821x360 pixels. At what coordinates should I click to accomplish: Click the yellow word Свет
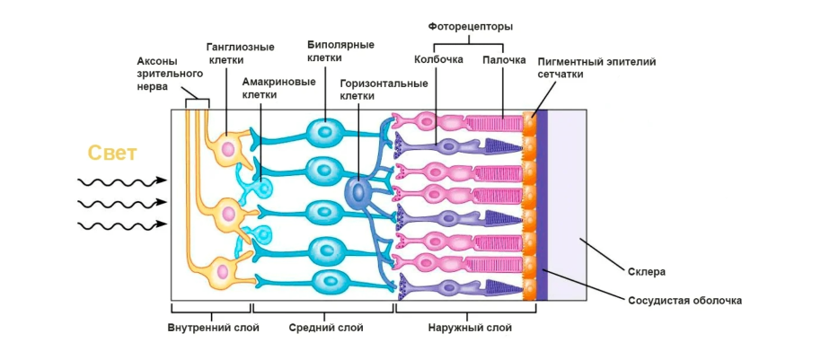click(x=112, y=154)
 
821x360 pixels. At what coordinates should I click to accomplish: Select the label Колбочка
click(x=438, y=60)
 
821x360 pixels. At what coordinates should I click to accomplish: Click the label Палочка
click(x=504, y=60)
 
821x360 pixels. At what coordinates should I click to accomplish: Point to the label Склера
click(x=647, y=271)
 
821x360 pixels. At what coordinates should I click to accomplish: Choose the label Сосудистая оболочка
click(x=685, y=300)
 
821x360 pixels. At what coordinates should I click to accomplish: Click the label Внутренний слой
click(x=214, y=328)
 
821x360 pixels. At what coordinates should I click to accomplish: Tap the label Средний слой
click(x=326, y=328)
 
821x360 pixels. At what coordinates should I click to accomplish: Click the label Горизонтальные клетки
click(x=384, y=89)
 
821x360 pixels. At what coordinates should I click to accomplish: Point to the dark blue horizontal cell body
click(x=358, y=191)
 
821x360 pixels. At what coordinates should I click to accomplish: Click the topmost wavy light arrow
click(x=122, y=180)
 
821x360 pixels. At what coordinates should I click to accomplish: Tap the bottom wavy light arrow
click(x=122, y=224)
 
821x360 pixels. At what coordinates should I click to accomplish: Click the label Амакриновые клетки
click(x=278, y=87)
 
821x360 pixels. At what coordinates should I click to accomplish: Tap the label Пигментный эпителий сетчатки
click(x=596, y=68)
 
